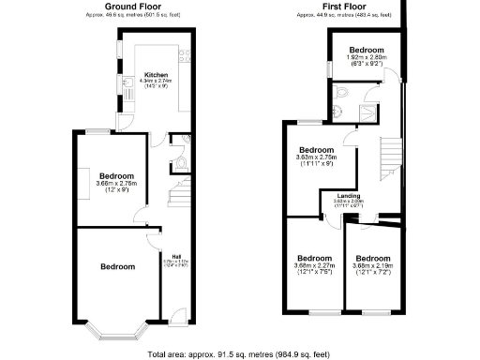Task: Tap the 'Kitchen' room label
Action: tap(155, 73)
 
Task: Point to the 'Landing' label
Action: tap(348, 195)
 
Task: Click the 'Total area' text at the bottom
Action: tap(240, 354)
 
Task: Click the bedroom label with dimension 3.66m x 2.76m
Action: tap(118, 175)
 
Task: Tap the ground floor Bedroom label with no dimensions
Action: tap(118, 267)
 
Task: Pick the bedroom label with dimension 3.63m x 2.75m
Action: tap(316, 150)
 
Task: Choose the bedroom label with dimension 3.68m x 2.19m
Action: tap(373, 258)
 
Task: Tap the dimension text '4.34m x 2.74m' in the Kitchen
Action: tap(155, 81)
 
